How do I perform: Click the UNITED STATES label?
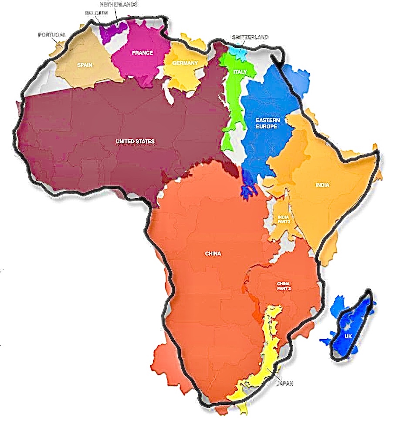click(135, 141)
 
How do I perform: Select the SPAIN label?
click(84, 65)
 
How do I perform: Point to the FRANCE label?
click(142, 53)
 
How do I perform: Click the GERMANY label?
click(185, 63)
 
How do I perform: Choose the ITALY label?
click(239, 72)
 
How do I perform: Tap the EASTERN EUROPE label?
click(268, 123)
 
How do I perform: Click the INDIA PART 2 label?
click(283, 219)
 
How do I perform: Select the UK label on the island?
click(348, 337)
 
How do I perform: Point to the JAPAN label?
click(285, 383)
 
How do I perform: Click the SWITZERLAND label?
click(250, 37)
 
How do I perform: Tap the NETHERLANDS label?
click(119, 5)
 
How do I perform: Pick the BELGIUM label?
click(96, 13)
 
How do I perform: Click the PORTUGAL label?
click(52, 35)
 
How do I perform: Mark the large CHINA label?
click(213, 254)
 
